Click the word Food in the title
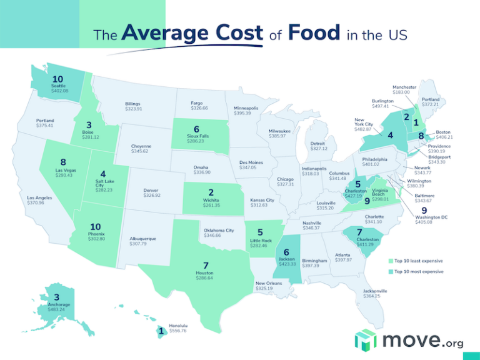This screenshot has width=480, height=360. pos(314,32)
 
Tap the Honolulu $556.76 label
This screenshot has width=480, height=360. pos(178,328)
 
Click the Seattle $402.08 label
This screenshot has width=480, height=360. pos(59,88)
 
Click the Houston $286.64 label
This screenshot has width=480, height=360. pos(204,275)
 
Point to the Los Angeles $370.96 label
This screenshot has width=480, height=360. pos(39,201)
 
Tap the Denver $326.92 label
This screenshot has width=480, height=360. pos(152,192)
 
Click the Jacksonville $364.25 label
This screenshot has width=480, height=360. pos(375,294)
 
